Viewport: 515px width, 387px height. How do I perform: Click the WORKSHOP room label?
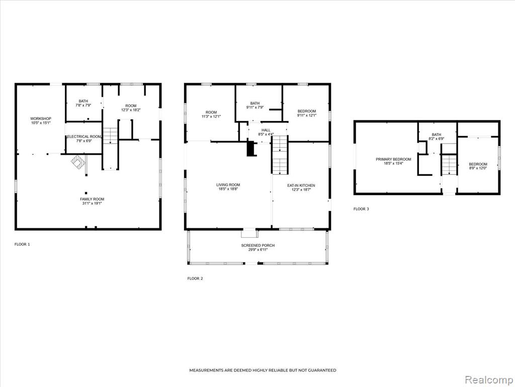click(x=41, y=118)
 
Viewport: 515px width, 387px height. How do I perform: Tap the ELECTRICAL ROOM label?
click(x=84, y=137)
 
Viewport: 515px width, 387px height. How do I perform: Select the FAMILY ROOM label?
click(x=92, y=199)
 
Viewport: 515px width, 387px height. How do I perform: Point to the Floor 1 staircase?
click(x=110, y=136)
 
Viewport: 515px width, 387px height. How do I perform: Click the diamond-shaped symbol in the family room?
click(x=78, y=162)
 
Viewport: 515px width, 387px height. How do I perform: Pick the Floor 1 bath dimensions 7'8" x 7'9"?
click(x=83, y=105)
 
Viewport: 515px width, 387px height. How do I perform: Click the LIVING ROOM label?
click(x=228, y=185)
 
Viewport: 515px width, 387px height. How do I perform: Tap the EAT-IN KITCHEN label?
click(x=301, y=185)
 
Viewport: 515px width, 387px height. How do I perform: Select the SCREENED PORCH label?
click(x=258, y=245)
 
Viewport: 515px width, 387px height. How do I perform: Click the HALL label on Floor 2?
click(x=266, y=131)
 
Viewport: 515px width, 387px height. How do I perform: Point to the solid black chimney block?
click(x=251, y=149)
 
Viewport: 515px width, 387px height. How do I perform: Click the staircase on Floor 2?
click(x=280, y=155)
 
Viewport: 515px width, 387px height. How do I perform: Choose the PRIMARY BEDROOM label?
click(x=393, y=159)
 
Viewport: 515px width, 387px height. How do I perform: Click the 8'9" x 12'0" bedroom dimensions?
click(x=478, y=168)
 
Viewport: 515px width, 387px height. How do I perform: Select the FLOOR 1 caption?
click(x=22, y=244)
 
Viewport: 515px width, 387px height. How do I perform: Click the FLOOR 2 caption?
click(x=195, y=279)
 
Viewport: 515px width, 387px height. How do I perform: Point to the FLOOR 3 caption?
click(x=361, y=209)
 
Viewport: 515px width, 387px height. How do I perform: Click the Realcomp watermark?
click(x=489, y=380)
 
